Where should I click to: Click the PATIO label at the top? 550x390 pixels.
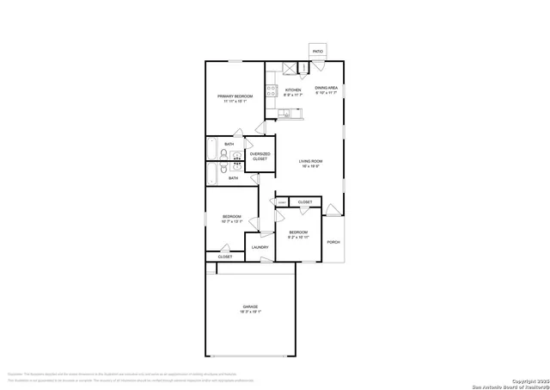(x=318, y=52)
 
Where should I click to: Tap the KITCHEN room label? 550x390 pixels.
(x=293, y=90)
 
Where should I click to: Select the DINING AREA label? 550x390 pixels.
(x=327, y=88)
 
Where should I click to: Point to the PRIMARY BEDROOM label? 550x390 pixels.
(x=234, y=96)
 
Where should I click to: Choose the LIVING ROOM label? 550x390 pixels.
(x=310, y=162)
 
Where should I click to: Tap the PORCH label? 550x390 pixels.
(x=333, y=242)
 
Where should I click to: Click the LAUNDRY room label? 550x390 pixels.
(x=260, y=248)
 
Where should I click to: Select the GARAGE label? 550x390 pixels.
(x=250, y=307)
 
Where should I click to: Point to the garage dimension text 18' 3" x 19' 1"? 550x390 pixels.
(x=250, y=313)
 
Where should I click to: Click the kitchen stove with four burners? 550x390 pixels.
(x=270, y=90)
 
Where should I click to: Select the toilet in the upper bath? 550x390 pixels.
(x=223, y=156)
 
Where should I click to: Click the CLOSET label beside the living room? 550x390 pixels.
(x=305, y=202)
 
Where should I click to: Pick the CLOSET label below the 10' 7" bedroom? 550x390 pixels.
(x=225, y=257)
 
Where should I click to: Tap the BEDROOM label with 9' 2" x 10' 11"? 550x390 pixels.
(x=298, y=232)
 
